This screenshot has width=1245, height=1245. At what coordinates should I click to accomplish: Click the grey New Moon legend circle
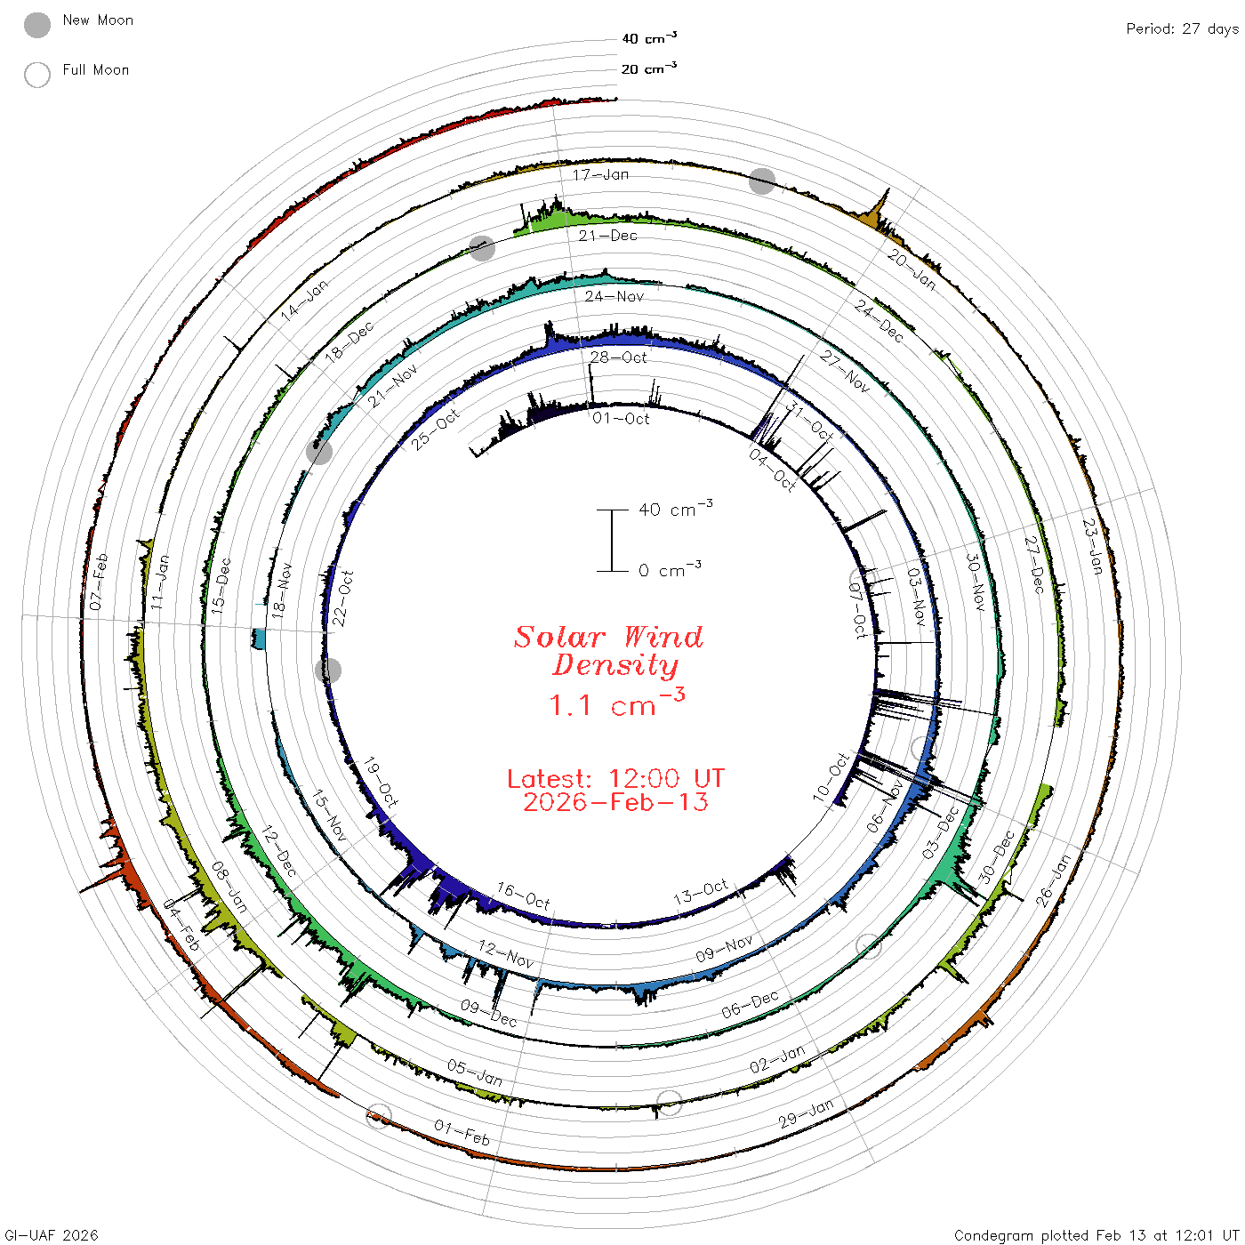pos(37,25)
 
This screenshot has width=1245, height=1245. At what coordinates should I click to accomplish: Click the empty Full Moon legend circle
pos(37,75)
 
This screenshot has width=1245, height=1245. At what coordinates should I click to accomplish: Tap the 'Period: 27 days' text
pos(1183,29)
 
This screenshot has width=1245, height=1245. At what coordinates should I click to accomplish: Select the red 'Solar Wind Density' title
pos(608,651)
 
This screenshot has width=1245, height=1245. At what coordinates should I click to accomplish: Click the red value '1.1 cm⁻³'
pos(616,703)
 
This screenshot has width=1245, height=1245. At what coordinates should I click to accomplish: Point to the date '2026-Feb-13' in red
pos(615,802)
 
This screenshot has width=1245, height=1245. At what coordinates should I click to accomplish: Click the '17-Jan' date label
pos(600,174)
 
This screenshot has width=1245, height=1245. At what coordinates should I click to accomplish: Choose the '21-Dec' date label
pos(607,236)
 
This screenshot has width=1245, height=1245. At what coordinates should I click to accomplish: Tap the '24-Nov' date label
pos(614,296)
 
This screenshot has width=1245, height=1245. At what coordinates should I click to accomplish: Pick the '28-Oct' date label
pos(618,357)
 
